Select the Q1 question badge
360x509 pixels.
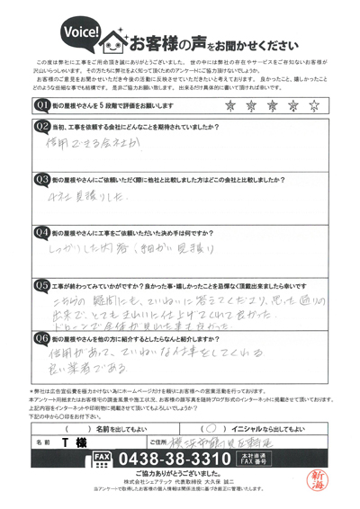point(42,105)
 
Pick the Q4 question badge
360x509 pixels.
point(42,231)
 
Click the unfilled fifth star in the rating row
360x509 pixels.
point(313,105)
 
